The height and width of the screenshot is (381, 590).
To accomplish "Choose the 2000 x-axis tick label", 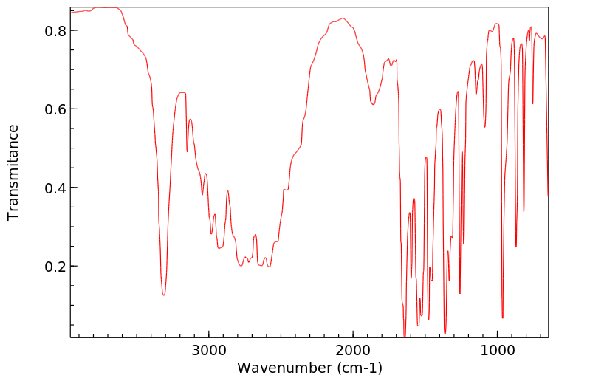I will click(x=353, y=351).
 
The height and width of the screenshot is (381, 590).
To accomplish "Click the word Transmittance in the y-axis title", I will click(x=13, y=172).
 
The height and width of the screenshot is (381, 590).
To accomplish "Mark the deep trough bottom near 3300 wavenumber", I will click(x=164, y=295).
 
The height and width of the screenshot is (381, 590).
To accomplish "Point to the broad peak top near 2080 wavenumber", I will click(x=342, y=18).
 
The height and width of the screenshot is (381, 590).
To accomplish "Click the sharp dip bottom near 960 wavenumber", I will click(x=503, y=317).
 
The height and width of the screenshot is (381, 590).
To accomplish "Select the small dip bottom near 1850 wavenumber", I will click(x=374, y=105).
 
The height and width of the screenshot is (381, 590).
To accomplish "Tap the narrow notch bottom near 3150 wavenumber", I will click(x=188, y=151).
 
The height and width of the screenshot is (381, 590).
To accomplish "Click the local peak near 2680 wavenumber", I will click(x=255, y=235).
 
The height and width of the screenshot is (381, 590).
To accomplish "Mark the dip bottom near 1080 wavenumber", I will click(x=485, y=127).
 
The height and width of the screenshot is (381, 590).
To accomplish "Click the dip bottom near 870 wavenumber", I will click(x=516, y=247).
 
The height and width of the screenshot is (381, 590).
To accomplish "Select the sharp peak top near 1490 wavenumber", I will click(x=426, y=157).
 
